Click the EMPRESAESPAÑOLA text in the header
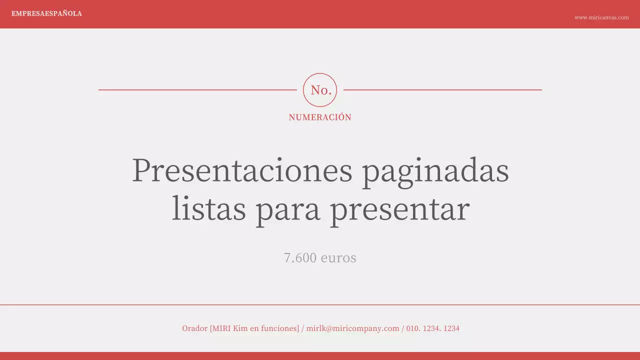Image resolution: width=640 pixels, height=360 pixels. point(46,13)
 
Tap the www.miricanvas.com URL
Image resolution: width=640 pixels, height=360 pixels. point(601,17)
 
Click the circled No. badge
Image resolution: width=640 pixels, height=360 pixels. point(320,90)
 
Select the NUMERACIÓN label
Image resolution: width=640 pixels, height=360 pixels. point(320,117)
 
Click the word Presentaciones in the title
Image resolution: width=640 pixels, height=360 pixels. point(242,170)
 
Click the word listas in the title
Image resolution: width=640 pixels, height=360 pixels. point(208,209)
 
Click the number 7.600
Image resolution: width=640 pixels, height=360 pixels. point(300,258)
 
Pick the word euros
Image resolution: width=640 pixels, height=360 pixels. point(338,258)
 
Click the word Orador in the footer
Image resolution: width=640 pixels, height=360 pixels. point(194,328)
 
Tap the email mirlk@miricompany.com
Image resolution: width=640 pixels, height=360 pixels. point(352,328)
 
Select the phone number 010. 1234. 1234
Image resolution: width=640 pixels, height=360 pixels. point(432,328)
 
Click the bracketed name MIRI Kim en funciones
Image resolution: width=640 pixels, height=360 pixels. point(254,328)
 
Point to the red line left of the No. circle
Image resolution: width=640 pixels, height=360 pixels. point(197,90)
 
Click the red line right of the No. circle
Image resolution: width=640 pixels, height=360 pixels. point(442,90)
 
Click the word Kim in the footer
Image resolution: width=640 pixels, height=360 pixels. point(240,328)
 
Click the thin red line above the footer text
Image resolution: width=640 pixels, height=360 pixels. point(320,304)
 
